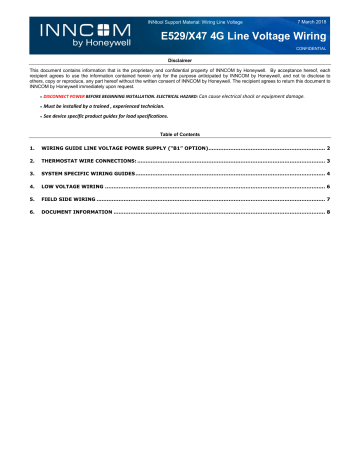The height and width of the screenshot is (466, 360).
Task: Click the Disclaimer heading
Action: tap(180, 60)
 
